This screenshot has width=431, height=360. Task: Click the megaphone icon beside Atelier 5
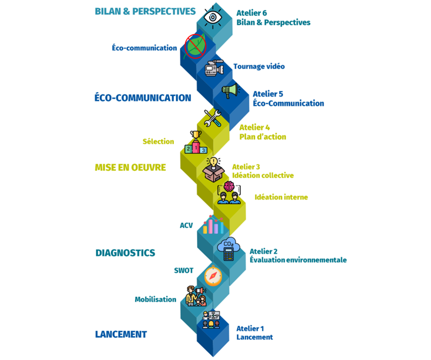coord(229,90)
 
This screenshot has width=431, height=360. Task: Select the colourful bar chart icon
coord(213,224)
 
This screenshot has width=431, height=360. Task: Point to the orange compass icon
coord(212,276)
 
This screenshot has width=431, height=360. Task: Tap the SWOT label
coord(183,271)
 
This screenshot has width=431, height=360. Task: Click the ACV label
coord(186,225)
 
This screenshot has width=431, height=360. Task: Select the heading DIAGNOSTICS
coord(125,253)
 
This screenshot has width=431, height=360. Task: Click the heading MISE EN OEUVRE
coord(130,167)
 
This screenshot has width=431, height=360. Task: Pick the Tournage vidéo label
coord(259,66)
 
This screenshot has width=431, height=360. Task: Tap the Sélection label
coord(158,142)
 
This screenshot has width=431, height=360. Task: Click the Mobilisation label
coord(155,299)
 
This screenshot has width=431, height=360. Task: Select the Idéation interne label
coord(281,197)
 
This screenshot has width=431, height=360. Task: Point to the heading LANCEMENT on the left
coord(121,334)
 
